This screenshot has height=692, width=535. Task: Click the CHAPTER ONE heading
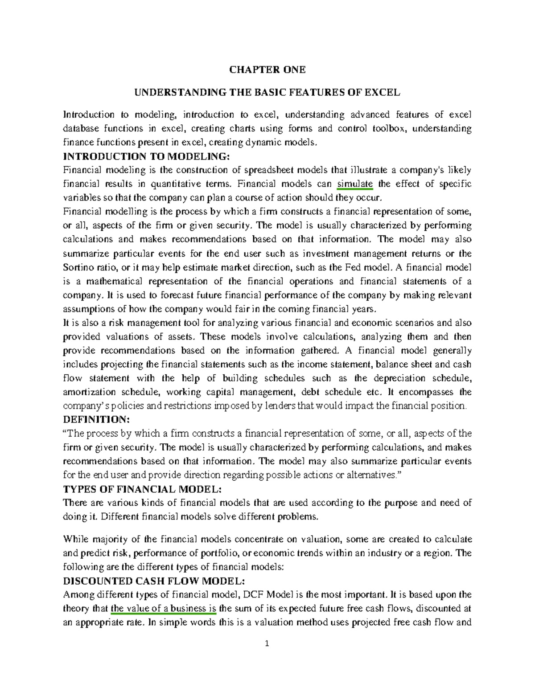pos(267,70)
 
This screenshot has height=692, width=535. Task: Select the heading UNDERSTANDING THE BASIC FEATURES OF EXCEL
pos(267,93)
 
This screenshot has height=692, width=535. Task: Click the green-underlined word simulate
pos(355,184)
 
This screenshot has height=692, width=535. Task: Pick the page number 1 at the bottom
pos(267,643)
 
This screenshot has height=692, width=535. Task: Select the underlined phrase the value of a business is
pos(164,608)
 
